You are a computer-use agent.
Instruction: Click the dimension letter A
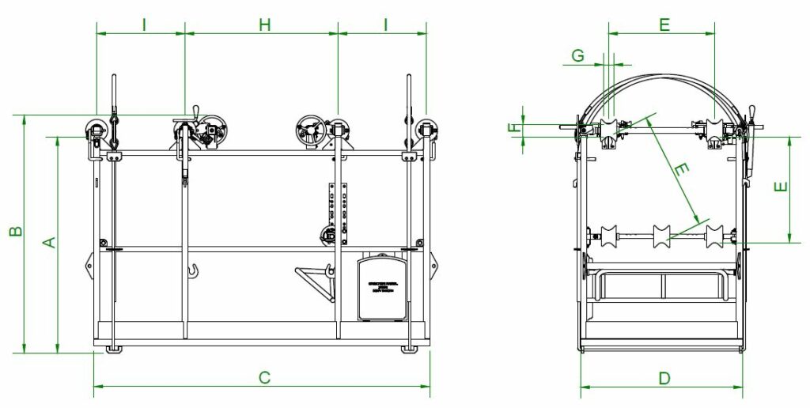pyautogui.click(x=48, y=241)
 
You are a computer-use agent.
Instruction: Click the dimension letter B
pyautogui.click(x=15, y=232)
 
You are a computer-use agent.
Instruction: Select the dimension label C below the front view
pyautogui.click(x=265, y=377)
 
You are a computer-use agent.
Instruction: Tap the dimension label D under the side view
pyautogui.click(x=664, y=378)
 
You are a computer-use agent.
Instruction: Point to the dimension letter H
pyautogui.click(x=265, y=25)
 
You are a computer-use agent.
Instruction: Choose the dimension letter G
pyautogui.click(x=578, y=55)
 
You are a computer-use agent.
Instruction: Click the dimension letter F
pyautogui.click(x=514, y=127)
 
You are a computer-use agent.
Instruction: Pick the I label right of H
pyautogui.click(x=385, y=25)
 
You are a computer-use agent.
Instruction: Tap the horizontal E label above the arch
pyautogui.click(x=664, y=25)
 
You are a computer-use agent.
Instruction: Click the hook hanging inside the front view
pyautogui.click(x=192, y=272)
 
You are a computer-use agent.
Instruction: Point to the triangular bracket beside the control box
pyautogui.click(x=315, y=279)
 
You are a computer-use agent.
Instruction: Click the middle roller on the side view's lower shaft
pyautogui.click(x=661, y=234)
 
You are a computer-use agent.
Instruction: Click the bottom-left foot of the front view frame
pyautogui.click(x=114, y=348)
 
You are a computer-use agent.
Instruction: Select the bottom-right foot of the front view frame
pyautogui.click(x=409, y=348)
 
